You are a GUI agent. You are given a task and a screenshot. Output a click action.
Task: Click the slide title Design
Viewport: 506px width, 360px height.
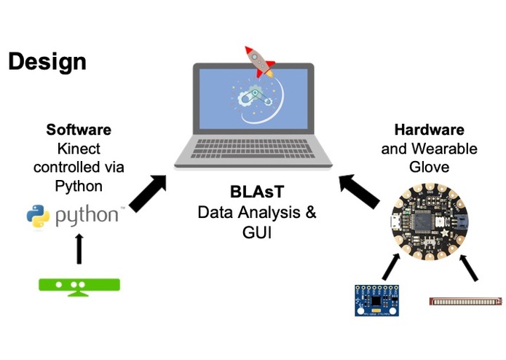(x=47, y=61)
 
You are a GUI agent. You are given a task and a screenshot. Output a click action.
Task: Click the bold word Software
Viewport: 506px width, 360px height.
(x=79, y=130)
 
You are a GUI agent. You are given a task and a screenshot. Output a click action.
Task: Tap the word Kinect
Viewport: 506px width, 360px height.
(x=79, y=149)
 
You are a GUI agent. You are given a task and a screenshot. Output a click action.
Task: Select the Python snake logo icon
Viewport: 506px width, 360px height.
(x=37, y=216)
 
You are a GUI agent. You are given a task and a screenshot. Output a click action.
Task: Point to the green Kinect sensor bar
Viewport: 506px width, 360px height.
(x=79, y=285)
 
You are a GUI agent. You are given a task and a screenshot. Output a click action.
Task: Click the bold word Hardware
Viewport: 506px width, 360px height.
(x=429, y=130)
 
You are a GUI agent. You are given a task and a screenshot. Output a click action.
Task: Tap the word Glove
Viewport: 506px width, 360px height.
(x=429, y=168)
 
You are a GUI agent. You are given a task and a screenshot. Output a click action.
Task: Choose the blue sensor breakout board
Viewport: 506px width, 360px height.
(x=378, y=300)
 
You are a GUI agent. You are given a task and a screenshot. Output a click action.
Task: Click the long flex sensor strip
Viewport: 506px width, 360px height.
(x=465, y=300)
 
